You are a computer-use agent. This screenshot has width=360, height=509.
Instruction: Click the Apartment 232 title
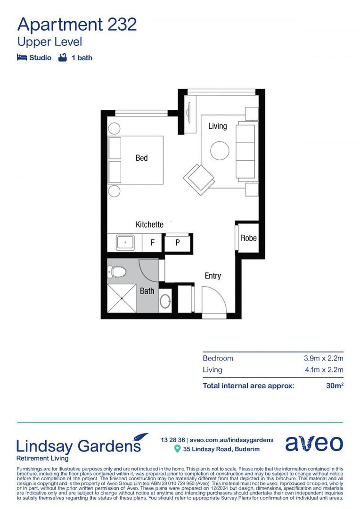(77, 24)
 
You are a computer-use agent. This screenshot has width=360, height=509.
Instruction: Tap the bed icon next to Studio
(22, 57)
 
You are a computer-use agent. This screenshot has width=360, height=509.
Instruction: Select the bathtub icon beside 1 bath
(62, 57)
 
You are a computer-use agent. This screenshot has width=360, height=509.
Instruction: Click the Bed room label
(141, 158)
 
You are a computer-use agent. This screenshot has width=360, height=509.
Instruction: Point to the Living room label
(217, 126)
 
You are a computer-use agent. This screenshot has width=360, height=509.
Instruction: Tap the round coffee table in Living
(220, 151)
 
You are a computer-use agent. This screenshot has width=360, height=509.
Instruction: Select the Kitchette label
(149, 224)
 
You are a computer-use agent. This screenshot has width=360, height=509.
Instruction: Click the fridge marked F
(152, 243)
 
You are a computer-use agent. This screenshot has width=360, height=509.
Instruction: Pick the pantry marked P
(178, 243)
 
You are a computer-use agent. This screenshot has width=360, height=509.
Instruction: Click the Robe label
(248, 238)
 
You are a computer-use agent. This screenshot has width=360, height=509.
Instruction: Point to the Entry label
(213, 276)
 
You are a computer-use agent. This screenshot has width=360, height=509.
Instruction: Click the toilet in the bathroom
(117, 272)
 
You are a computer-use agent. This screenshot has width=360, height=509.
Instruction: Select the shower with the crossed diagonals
(122, 298)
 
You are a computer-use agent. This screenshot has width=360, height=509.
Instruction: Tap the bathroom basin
(165, 301)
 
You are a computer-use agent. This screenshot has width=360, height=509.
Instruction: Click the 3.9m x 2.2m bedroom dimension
(323, 358)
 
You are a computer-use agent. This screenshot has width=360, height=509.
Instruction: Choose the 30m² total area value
(335, 386)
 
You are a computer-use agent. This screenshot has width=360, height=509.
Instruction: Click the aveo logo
(314, 443)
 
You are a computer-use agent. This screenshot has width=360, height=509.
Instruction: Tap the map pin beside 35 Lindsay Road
(177, 449)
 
